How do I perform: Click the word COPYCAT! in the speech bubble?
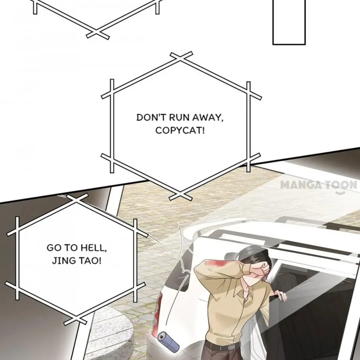tap(180, 131)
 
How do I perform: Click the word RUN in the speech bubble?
tap(179, 118)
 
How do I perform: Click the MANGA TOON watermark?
tap(319, 185)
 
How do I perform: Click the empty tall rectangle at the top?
tap(289, 22)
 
